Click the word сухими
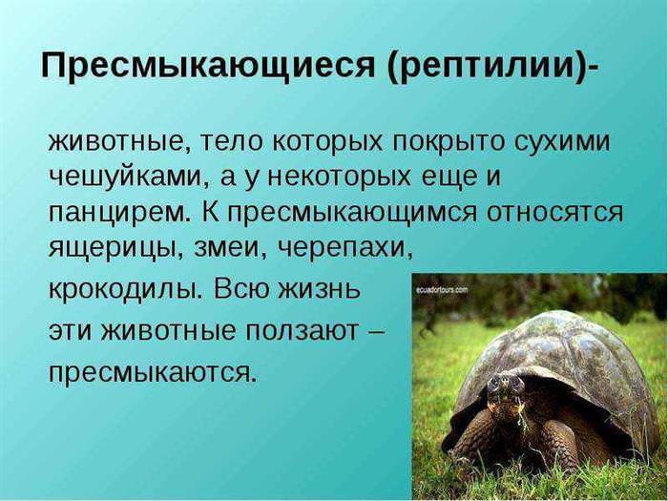[562, 143]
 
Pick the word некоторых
[341, 177]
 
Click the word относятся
[555, 213]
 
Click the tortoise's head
[505, 389]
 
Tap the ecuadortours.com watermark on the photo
[441, 290]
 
